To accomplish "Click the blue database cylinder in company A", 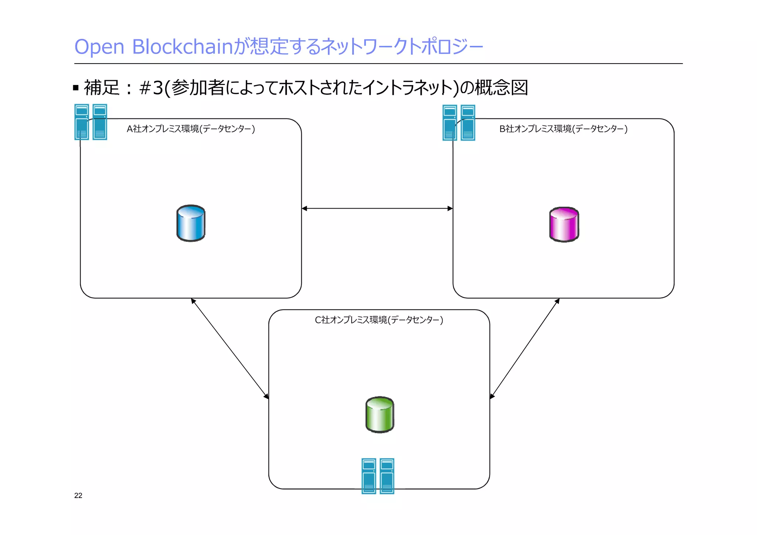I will point(191,223).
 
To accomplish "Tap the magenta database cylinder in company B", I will point(564,224).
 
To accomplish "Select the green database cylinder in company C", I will point(380,414).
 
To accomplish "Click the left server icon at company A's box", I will point(82,122).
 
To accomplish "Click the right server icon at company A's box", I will point(100,122).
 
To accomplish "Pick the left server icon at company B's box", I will point(450,123).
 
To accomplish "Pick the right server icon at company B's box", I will point(468,123).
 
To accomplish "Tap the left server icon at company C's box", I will point(369,476).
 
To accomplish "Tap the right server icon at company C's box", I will point(387,476).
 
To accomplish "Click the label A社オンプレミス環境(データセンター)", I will point(191,129).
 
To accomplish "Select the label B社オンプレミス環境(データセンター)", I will point(563,129).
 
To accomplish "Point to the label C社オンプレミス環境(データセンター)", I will point(379,320).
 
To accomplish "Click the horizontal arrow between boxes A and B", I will point(377,209).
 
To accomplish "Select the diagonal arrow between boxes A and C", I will point(230,348).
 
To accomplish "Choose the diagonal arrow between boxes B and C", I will point(524,348).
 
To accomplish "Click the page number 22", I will point(78,495).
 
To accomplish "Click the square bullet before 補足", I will point(76,88).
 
